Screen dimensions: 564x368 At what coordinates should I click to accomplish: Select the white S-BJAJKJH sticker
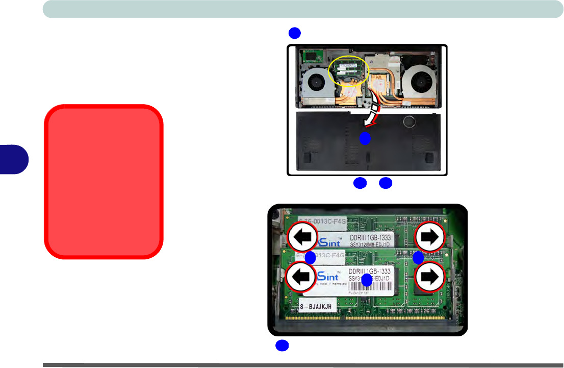(317, 306)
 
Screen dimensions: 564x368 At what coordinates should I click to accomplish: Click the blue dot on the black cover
(365, 138)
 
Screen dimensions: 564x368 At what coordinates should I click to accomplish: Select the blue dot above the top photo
(294, 33)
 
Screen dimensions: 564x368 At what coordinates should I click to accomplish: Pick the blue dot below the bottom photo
(282, 346)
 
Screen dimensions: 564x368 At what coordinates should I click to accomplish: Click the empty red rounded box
(104, 182)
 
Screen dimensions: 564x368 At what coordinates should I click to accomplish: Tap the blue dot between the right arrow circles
(418, 258)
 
